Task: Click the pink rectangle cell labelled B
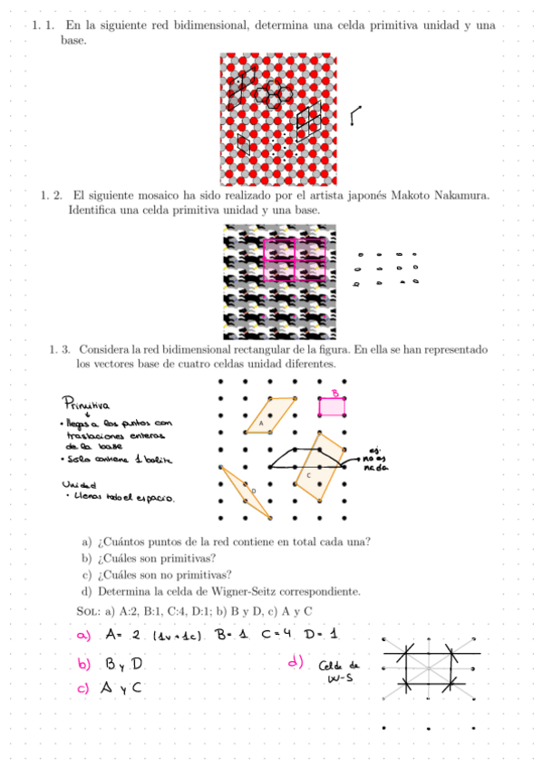click(x=332, y=406)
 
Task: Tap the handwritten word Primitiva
click(x=85, y=404)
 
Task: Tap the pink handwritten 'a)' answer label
click(x=84, y=635)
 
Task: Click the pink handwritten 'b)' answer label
click(x=85, y=664)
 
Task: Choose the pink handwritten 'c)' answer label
click(x=84, y=688)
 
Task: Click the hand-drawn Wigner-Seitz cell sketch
click(x=430, y=666)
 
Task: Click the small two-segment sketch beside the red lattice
click(x=355, y=114)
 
